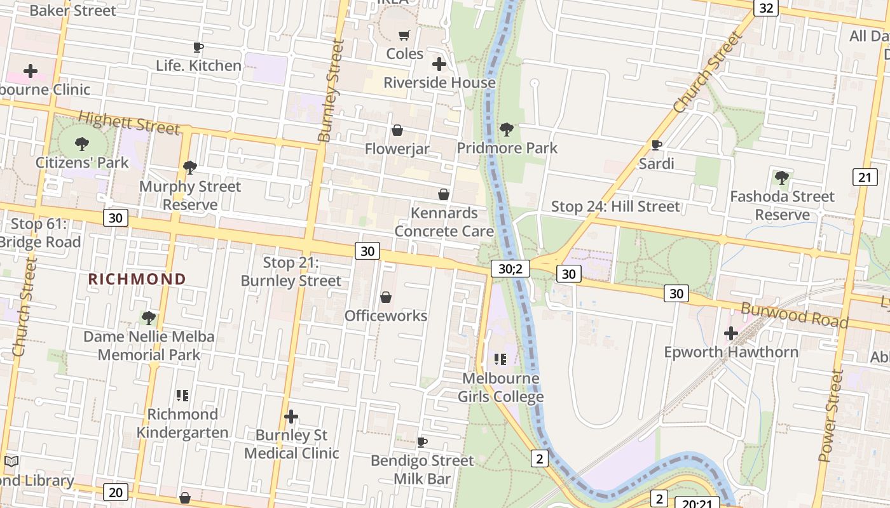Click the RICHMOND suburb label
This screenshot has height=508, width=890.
point(137,279)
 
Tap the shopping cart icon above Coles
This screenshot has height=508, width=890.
point(404,35)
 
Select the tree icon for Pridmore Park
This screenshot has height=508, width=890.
point(507,130)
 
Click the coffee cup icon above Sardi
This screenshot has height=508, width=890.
point(657,145)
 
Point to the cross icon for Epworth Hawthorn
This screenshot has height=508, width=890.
point(731,333)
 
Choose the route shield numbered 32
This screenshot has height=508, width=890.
point(766,8)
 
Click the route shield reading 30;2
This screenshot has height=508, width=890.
point(510,269)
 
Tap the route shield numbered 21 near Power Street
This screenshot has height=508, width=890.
point(865,177)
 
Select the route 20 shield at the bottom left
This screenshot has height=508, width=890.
point(115,492)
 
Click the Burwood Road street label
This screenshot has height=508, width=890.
point(795,316)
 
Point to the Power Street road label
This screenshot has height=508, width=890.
point(832,416)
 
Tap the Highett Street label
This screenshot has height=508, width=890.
point(129,123)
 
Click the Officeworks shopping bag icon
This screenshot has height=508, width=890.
point(386,297)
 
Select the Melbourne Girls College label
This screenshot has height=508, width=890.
point(501,387)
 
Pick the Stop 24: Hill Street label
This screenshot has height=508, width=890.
point(615,206)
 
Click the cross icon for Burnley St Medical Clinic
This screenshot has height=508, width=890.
point(291,417)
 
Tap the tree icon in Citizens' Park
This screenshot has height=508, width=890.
point(82,144)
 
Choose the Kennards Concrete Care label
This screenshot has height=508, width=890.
point(444,222)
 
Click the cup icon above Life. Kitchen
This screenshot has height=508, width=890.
point(198,47)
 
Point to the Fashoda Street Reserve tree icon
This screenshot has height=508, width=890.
point(782,178)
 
